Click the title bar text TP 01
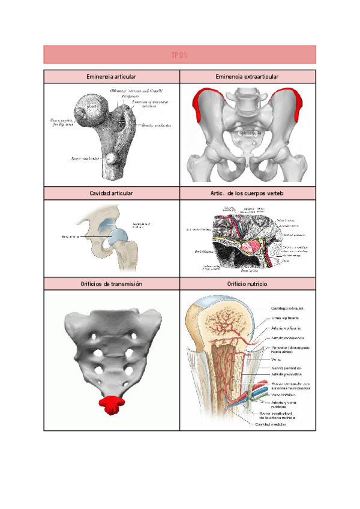180,55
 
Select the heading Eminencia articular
112,77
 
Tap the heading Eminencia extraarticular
247,77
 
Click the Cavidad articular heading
112,193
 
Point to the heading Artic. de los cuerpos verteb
247,193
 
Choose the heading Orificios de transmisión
112,283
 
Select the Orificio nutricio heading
247,283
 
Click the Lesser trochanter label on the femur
83,158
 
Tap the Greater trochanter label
155,125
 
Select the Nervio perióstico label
286,367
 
